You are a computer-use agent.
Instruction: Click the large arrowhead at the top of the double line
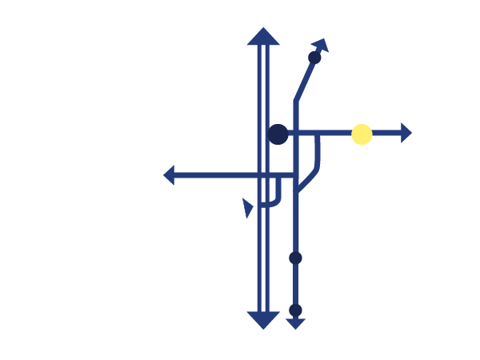(262, 37)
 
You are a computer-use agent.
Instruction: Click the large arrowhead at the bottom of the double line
(262, 320)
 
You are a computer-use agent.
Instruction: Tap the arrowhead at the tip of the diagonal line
(321, 44)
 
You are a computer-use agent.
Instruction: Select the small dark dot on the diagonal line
(314, 58)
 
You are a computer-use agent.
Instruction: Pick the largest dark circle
(278, 134)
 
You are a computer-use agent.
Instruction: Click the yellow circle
(362, 134)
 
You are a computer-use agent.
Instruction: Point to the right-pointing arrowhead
(406, 134)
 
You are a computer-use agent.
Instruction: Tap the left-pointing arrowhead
(169, 174)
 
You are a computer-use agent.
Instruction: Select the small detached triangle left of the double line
(248, 208)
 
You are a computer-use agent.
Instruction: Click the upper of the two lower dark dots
(295, 258)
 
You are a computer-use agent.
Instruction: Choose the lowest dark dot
(295, 310)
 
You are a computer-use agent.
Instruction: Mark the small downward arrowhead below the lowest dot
(295, 324)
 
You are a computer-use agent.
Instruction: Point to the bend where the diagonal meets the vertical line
(295, 102)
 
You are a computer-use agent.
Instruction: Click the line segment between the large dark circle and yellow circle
(320, 134)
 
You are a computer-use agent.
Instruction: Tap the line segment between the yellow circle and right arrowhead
(386, 134)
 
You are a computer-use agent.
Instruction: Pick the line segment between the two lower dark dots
(295, 284)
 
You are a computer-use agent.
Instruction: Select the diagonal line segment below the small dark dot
(305, 80)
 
